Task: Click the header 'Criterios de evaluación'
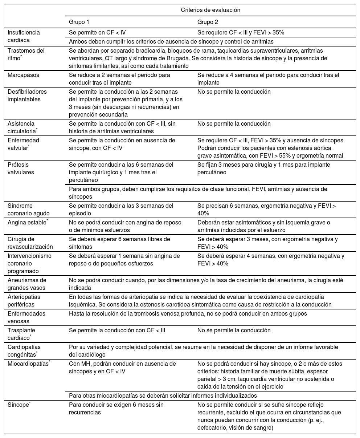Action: [x=210, y=10]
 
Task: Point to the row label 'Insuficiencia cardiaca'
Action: [x=24, y=36]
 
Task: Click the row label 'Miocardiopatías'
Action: [x=28, y=364]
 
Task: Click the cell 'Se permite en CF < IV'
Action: [x=97, y=32]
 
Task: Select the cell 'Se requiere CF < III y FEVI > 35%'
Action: [x=241, y=32]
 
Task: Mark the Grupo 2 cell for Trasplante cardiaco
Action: [x=234, y=330]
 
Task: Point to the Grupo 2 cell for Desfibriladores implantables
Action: [x=234, y=92]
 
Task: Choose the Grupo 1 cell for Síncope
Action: [x=116, y=409]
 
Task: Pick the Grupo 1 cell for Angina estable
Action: [x=125, y=226]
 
